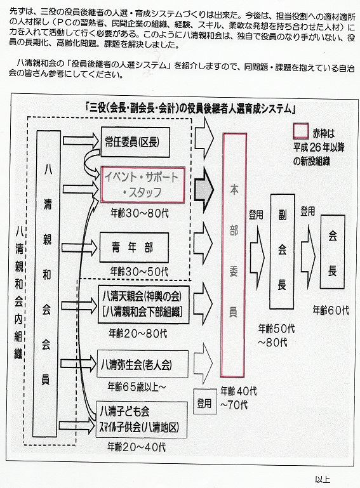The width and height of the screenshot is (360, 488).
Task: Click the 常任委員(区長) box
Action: [135, 142]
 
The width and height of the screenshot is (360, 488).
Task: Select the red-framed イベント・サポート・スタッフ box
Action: [143, 185]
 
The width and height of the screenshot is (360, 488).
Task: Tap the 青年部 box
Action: [134, 247]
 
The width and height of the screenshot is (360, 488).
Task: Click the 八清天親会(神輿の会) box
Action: [143, 305]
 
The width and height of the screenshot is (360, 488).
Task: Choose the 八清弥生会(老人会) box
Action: [143, 364]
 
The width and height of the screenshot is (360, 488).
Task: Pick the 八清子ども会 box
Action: [142, 419]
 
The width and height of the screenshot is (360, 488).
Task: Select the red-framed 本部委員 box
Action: [234, 255]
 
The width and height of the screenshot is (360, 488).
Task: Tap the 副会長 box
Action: [283, 251]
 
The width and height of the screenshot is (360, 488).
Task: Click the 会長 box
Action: [333, 251]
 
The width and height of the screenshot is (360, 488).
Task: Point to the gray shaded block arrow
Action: [204, 190]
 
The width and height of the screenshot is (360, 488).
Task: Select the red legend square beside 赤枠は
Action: [301, 131]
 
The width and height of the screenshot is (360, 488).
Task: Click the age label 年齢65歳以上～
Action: [137, 386]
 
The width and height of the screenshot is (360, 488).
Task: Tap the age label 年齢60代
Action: [331, 310]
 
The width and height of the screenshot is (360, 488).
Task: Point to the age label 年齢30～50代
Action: [139, 272]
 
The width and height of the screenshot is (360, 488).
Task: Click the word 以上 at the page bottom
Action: [323, 479]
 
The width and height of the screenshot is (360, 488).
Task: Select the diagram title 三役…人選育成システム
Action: [190, 109]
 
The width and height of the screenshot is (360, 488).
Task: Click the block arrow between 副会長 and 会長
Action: [308, 253]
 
